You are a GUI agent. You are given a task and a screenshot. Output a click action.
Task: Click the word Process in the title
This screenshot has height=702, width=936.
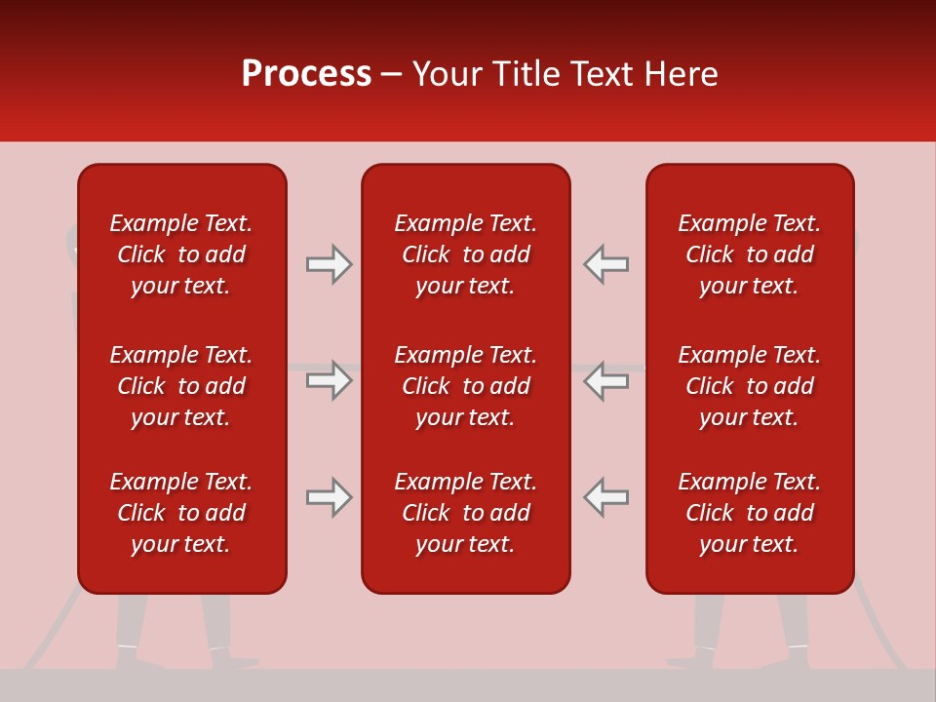[306, 74]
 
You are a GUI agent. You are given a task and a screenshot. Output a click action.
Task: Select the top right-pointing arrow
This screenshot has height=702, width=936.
[330, 264]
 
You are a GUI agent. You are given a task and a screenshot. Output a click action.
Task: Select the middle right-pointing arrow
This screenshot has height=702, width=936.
[330, 380]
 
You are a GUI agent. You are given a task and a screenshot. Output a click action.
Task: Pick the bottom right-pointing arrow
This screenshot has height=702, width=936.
[330, 497]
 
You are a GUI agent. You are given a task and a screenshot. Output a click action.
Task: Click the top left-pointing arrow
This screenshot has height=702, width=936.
[605, 264]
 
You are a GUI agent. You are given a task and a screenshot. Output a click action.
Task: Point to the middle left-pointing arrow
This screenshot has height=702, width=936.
[605, 380]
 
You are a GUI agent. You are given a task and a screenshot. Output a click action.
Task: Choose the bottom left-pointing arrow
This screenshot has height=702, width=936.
[605, 497]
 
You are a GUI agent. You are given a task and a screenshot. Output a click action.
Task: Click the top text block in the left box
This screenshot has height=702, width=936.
[181, 254]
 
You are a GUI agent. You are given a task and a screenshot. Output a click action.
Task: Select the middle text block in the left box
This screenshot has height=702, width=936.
[181, 386]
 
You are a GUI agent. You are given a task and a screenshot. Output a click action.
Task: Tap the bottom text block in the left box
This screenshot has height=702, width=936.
[181, 513]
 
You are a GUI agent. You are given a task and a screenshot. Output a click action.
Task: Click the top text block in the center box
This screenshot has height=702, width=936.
[465, 254]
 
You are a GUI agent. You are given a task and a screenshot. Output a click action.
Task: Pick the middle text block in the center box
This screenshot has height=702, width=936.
[465, 386]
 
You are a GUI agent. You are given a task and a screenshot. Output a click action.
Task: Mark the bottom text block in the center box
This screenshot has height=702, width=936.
[465, 513]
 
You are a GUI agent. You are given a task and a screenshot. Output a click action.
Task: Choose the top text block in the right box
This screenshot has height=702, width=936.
[749, 254]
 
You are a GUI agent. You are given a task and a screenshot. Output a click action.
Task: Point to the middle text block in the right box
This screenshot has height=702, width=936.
[749, 386]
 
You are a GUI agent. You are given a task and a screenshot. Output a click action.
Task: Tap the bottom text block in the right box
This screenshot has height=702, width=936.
[749, 513]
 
